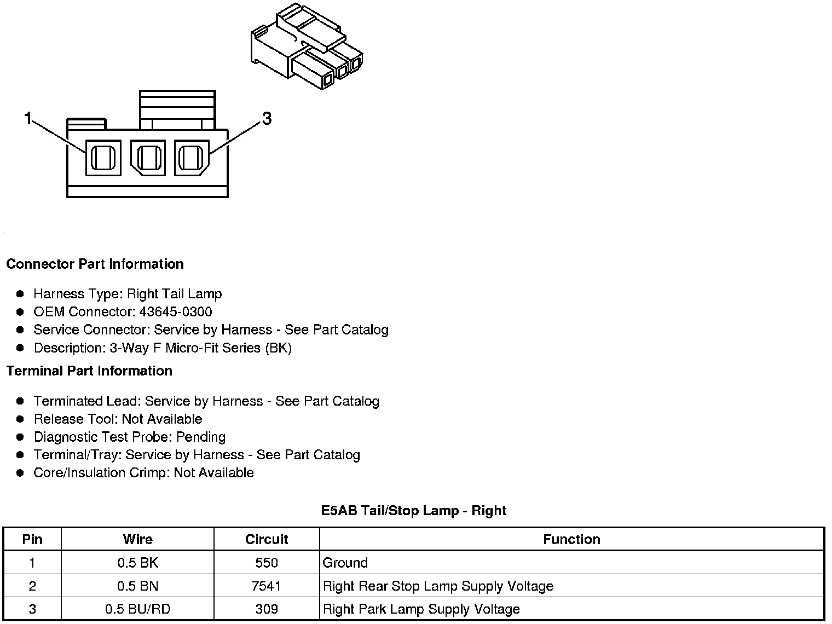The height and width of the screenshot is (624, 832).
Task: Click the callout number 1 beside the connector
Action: pyautogui.click(x=28, y=118)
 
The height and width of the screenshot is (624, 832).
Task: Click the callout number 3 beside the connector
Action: pyautogui.click(x=267, y=118)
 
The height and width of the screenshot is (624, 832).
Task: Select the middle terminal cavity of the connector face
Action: pyautogui.click(x=147, y=158)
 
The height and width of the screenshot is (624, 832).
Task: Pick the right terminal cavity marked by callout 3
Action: pyautogui.click(x=192, y=158)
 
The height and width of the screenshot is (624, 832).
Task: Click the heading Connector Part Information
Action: pyautogui.click(x=95, y=264)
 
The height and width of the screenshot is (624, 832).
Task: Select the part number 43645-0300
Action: pyautogui.click(x=175, y=312)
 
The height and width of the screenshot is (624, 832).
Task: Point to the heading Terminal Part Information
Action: pyautogui.click(x=89, y=371)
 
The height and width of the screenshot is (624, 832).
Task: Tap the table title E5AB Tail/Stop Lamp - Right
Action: pyautogui.click(x=413, y=511)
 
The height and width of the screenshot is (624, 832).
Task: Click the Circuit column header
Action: pyautogui.click(x=267, y=539)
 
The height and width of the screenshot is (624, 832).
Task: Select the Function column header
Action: pyautogui.click(x=571, y=539)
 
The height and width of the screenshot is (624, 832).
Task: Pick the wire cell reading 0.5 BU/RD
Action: pyautogui.click(x=137, y=609)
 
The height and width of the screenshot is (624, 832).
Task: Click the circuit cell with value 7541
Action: pyautogui.click(x=267, y=586)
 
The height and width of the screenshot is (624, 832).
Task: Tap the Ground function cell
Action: pyautogui.click(x=345, y=563)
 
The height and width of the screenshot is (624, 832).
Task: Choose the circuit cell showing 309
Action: pyautogui.click(x=267, y=609)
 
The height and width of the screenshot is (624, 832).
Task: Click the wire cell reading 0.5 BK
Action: pyautogui.click(x=137, y=563)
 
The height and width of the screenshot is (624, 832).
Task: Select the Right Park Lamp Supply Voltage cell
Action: pyautogui.click(x=421, y=609)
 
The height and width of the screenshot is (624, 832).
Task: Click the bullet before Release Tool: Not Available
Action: pyautogui.click(x=20, y=419)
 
